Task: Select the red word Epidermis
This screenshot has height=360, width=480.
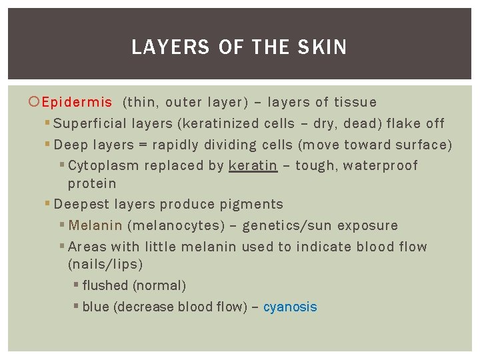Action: coord(77,103)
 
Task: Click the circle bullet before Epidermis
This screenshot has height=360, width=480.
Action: coord(36,103)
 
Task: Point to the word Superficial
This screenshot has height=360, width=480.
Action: coord(91,124)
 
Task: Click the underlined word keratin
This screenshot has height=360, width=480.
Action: coord(253,165)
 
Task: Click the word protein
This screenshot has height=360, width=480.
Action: coord(92,183)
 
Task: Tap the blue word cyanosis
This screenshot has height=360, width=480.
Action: coord(290,307)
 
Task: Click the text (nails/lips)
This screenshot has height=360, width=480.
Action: coord(105,265)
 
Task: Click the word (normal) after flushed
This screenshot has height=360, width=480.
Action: coord(159,286)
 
